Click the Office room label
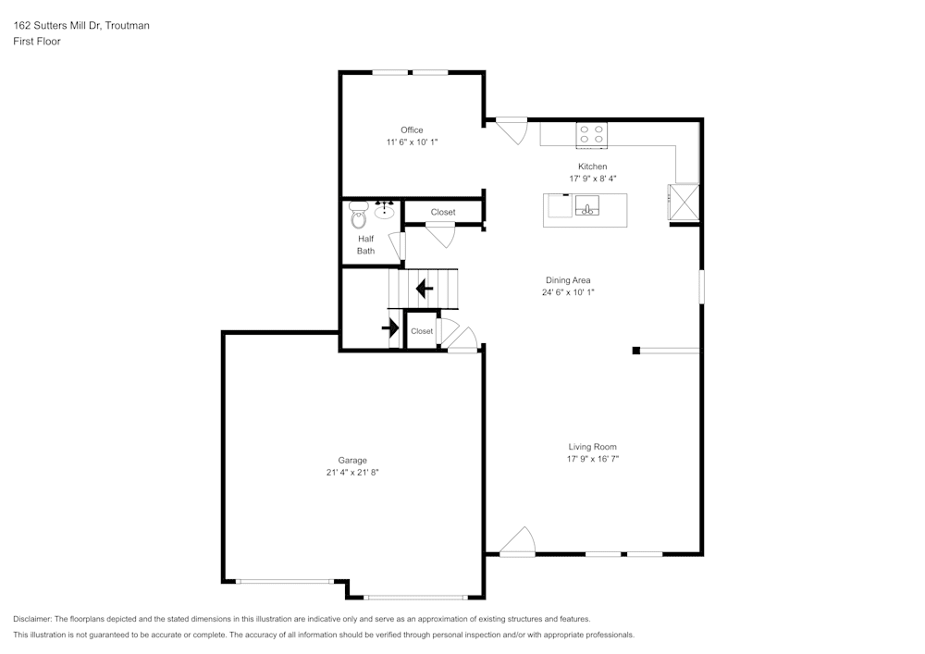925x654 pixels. (412, 130)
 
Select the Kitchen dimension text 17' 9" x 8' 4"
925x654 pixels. (592, 179)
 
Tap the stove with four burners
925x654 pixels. (592, 135)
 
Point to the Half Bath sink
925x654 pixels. (385, 210)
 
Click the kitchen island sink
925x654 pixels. (586, 205)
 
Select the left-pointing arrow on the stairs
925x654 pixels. (425, 289)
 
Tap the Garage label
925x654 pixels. (351, 460)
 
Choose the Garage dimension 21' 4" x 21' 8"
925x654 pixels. (351, 473)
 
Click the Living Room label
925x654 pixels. (592, 447)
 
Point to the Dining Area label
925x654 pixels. (567, 280)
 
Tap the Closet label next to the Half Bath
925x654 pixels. (443, 213)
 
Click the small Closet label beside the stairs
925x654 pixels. (422, 331)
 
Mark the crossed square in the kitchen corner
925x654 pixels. (684, 201)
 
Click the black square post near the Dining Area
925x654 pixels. (636, 350)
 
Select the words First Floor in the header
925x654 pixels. (37, 42)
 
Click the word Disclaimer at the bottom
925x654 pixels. (32, 619)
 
